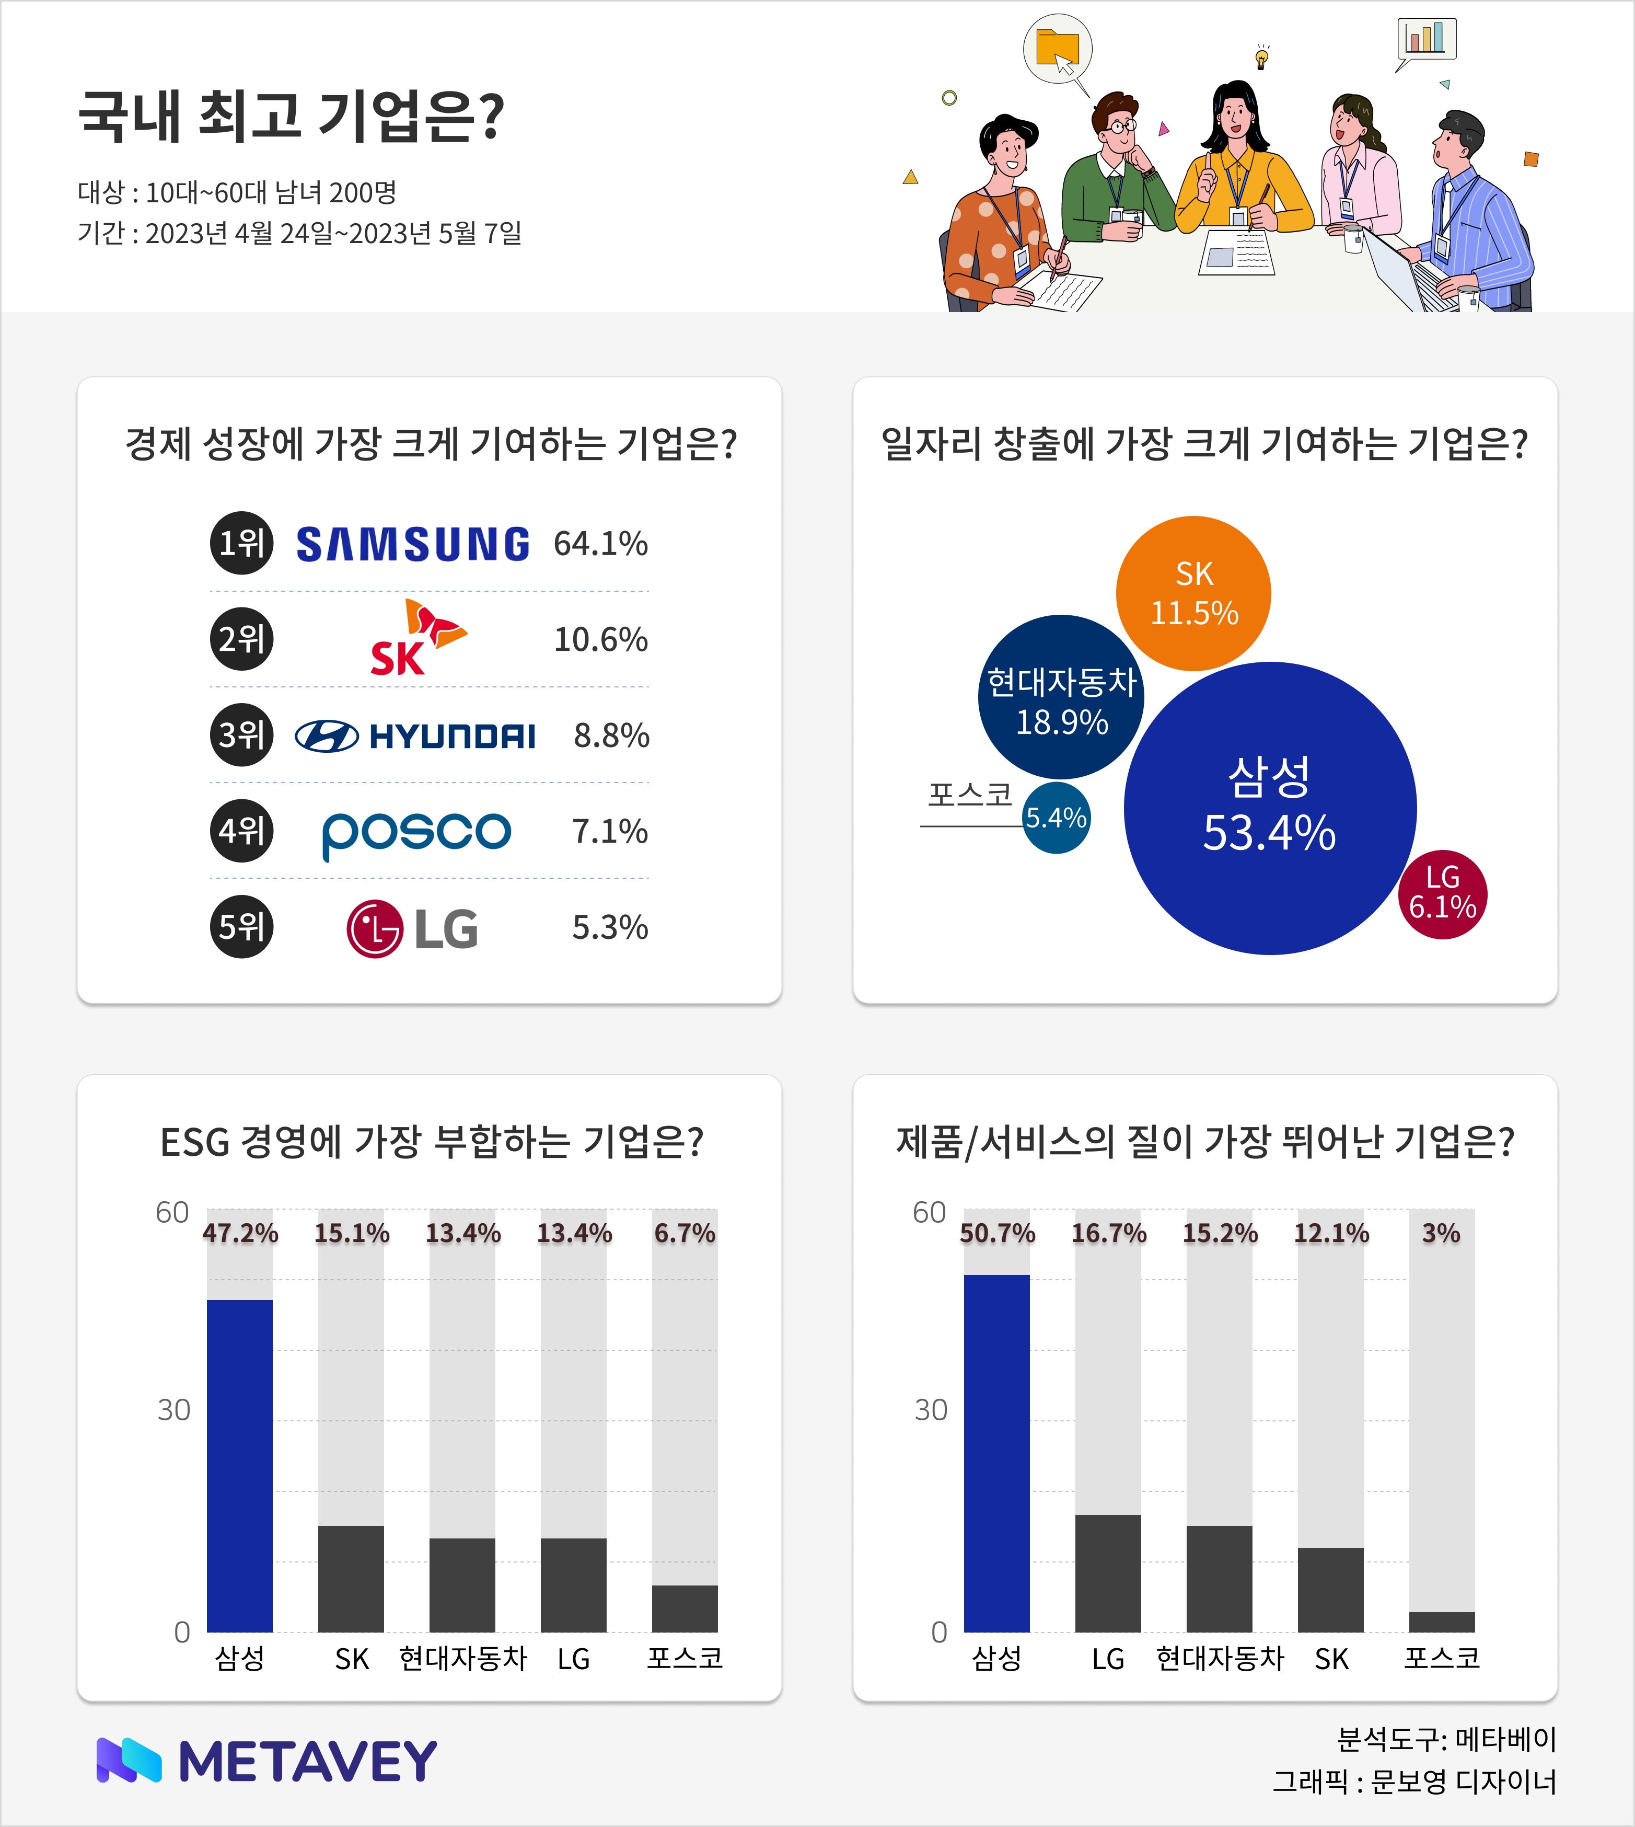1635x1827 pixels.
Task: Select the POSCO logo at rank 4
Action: click(416, 833)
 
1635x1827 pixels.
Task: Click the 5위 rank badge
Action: click(241, 926)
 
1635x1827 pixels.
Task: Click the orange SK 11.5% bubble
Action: click(1193, 593)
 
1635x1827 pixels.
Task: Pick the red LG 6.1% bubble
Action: click(1442, 894)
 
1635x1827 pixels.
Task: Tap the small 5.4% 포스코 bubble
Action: click(1057, 818)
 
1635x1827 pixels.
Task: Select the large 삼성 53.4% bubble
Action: click(1269, 808)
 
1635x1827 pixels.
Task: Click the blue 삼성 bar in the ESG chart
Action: click(240, 1465)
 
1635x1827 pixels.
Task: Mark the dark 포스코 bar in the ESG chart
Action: click(685, 1608)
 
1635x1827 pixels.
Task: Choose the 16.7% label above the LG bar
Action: click(1109, 1233)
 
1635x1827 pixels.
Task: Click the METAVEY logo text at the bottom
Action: click(307, 1762)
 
